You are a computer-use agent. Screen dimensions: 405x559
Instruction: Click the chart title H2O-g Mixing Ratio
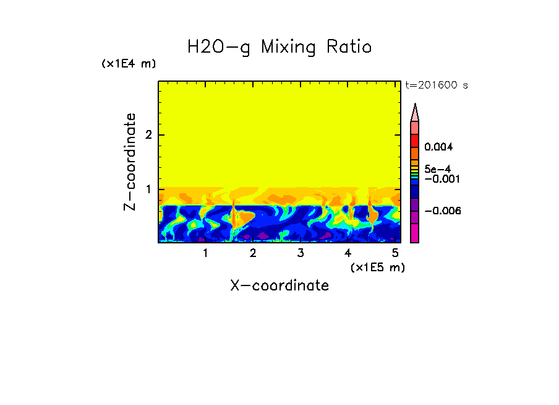279,47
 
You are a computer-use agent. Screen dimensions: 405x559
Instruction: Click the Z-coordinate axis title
130,162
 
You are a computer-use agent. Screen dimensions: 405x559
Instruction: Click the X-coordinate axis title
279,285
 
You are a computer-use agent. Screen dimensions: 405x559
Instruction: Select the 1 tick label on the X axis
205,253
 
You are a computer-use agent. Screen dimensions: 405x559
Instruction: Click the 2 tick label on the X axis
253,253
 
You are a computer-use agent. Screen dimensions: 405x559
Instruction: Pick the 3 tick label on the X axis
300,253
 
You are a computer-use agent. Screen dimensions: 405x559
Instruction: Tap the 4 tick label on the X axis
348,253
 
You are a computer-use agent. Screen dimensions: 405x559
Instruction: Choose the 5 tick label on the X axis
395,253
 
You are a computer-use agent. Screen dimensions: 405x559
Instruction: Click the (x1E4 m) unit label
129,64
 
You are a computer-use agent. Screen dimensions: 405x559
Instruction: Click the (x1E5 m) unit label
377,267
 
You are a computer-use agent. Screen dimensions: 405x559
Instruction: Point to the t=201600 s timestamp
436,85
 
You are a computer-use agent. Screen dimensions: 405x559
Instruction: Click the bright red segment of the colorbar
415,140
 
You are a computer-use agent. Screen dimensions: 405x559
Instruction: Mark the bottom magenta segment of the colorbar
415,233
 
